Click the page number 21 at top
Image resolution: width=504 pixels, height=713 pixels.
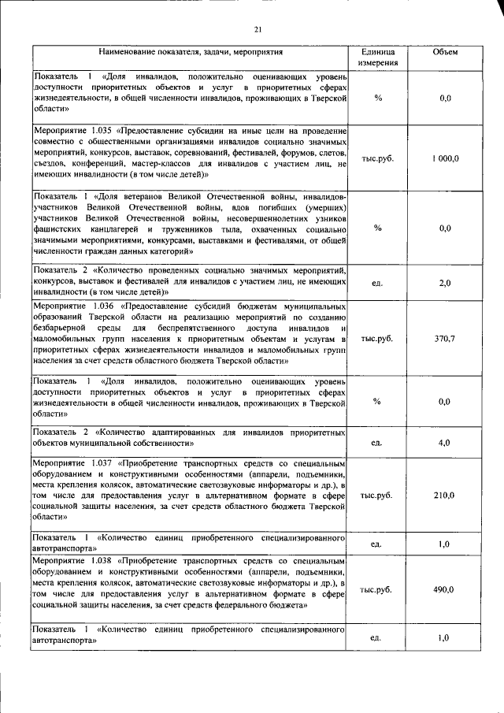point(257,30)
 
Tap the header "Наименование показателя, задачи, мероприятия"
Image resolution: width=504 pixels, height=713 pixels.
point(190,51)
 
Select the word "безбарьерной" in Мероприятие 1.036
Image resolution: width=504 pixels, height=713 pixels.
point(60,327)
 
